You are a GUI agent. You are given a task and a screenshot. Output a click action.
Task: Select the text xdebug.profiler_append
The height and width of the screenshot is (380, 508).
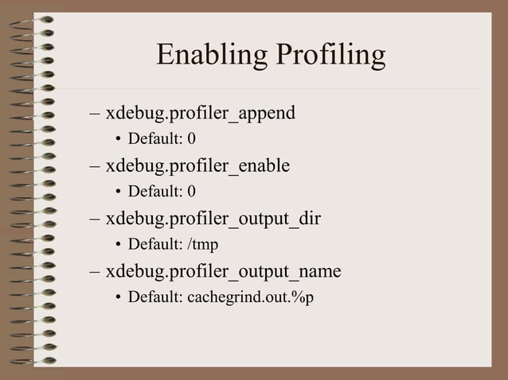[200, 114]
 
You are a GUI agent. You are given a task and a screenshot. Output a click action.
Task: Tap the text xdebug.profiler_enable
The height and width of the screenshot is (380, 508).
[197, 166]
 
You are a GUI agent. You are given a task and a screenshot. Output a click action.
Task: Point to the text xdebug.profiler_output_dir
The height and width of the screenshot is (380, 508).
[213, 219]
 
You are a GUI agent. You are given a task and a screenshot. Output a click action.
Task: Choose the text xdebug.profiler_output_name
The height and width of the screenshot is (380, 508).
[223, 272]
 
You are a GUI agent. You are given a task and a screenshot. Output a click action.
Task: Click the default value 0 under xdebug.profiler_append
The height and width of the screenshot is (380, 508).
[191, 140]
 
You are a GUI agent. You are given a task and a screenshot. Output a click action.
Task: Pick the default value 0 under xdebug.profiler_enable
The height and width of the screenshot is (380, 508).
[191, 192]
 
